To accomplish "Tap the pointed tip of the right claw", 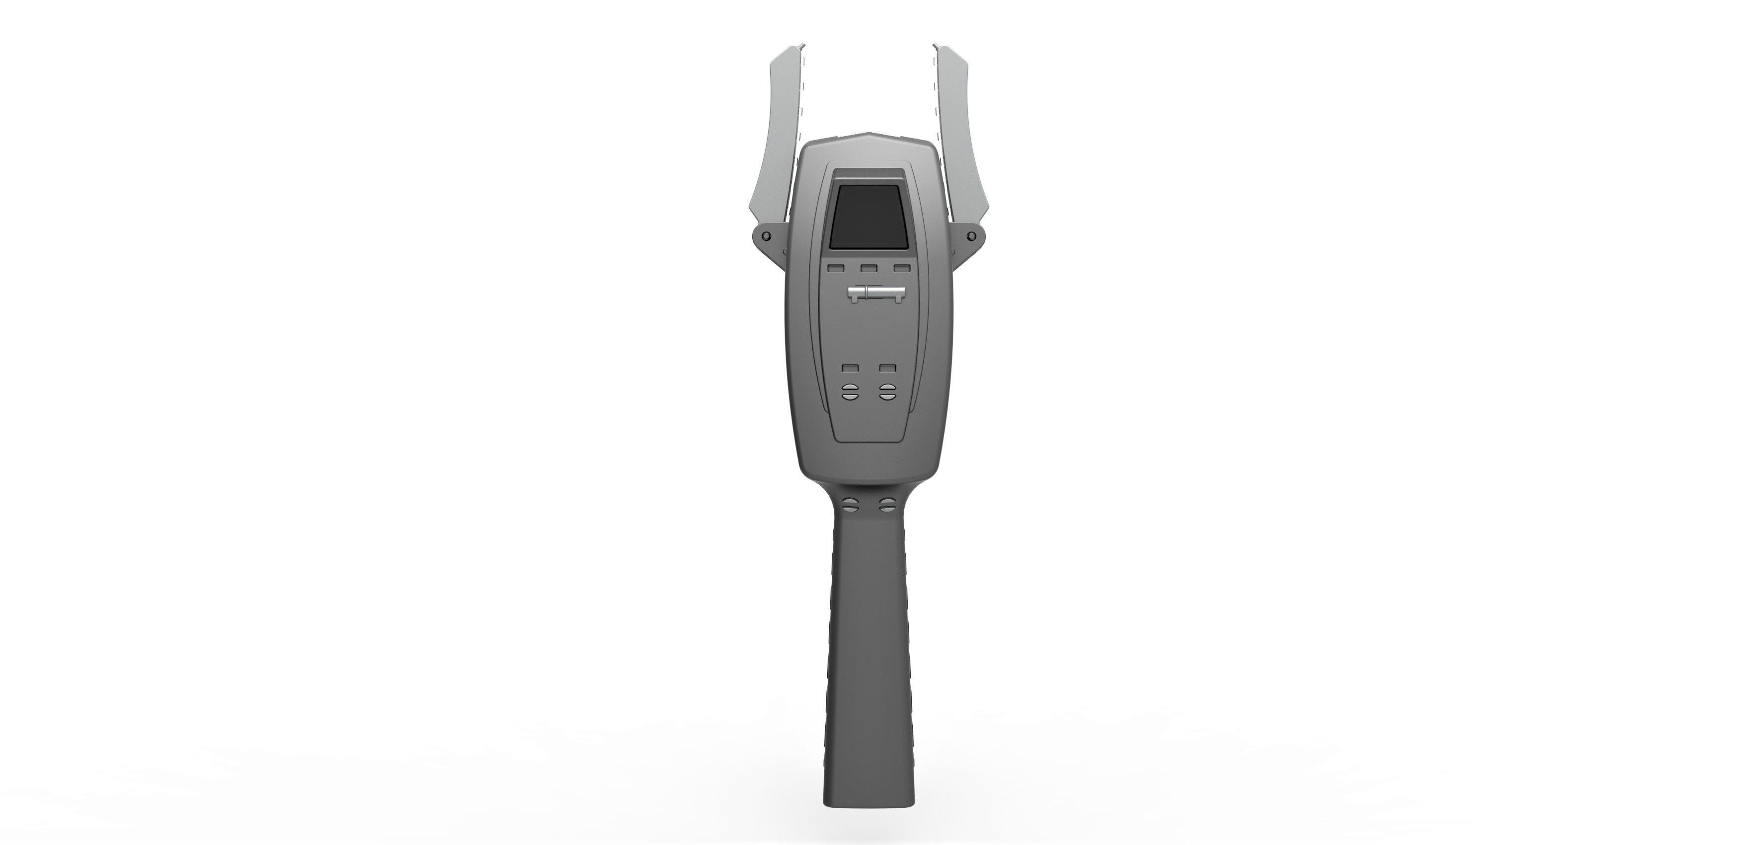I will click(x=937, y=46).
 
